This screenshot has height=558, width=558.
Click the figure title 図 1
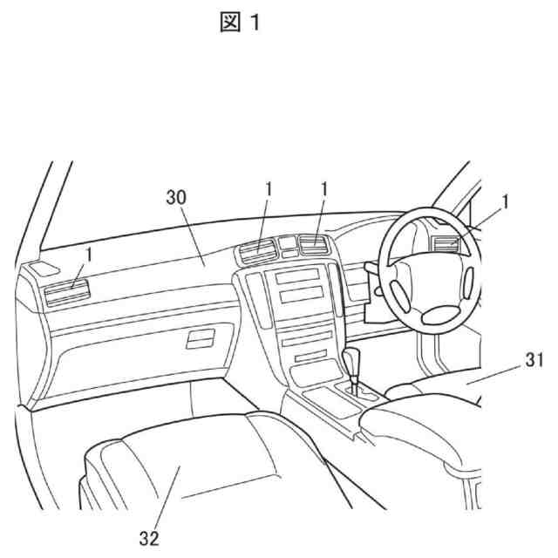239,23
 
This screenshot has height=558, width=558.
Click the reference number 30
177,197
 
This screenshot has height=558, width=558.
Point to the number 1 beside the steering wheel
505,202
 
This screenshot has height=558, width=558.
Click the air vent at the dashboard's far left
65,291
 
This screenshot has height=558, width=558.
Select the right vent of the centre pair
311,248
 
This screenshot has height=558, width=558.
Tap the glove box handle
201,337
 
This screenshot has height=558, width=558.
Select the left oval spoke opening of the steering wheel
396,293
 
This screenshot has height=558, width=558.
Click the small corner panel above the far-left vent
46,267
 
